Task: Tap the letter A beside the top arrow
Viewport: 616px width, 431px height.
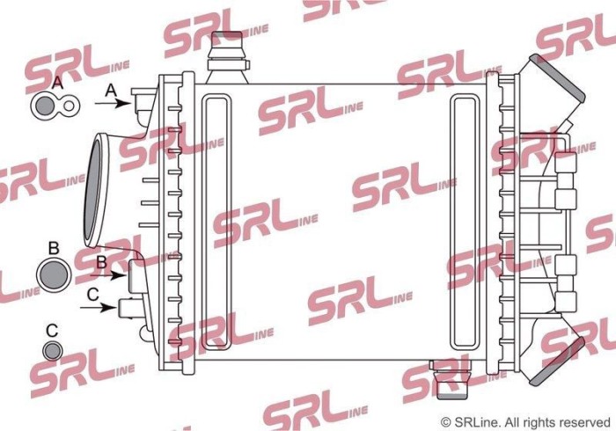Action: pos(111,89)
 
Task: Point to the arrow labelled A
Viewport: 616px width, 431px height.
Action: pos(112,104)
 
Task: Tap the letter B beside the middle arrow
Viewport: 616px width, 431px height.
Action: pos(101,261)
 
